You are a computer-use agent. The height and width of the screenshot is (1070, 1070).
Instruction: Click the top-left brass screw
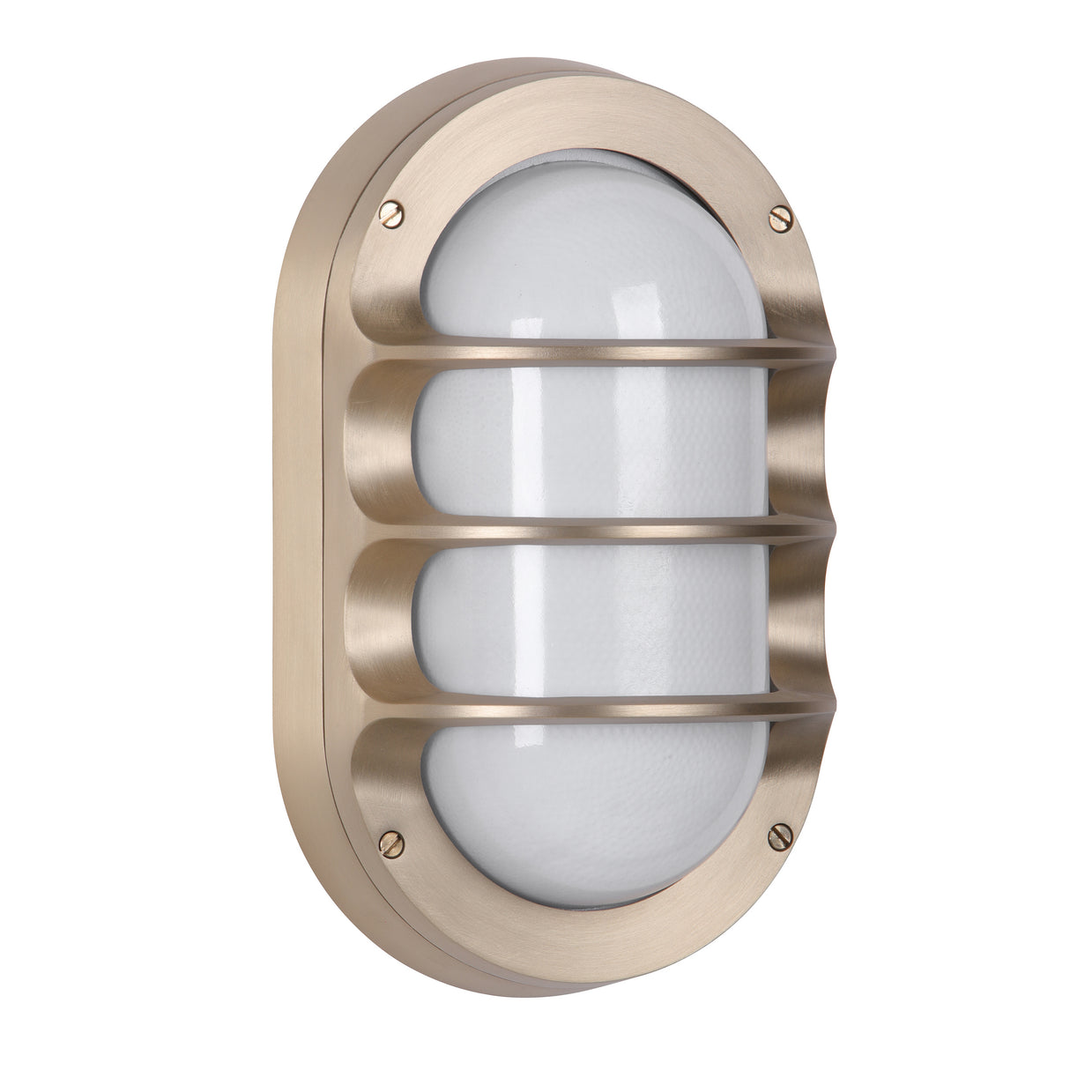click(390, 212)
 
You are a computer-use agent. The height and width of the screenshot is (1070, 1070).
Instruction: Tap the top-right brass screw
click(781, 218)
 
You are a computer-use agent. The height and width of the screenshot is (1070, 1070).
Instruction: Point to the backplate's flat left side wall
click(304, 529)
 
